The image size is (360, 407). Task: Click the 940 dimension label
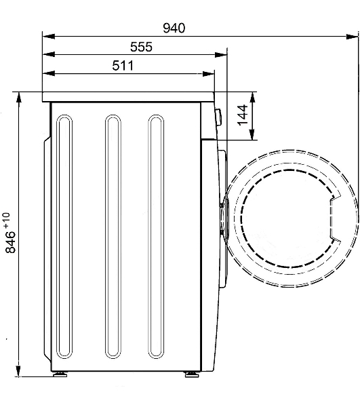click(x=174, y=28)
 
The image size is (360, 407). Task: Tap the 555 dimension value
click(x=141, y=47)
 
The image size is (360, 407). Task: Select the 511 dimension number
click(x=123, y=66)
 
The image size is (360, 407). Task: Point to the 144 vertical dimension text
click(x=243, y=115)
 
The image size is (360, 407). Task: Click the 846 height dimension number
click(x=11, y=242)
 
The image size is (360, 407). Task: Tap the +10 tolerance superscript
click(x=7, y=220)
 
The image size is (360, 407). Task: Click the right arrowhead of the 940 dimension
click(x=353, y=37)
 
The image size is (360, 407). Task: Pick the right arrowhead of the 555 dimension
click(x=221, y=55)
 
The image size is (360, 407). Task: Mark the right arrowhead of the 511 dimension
click(x=209, y=74)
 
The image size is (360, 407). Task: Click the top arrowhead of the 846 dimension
click(x=18, y=98)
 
